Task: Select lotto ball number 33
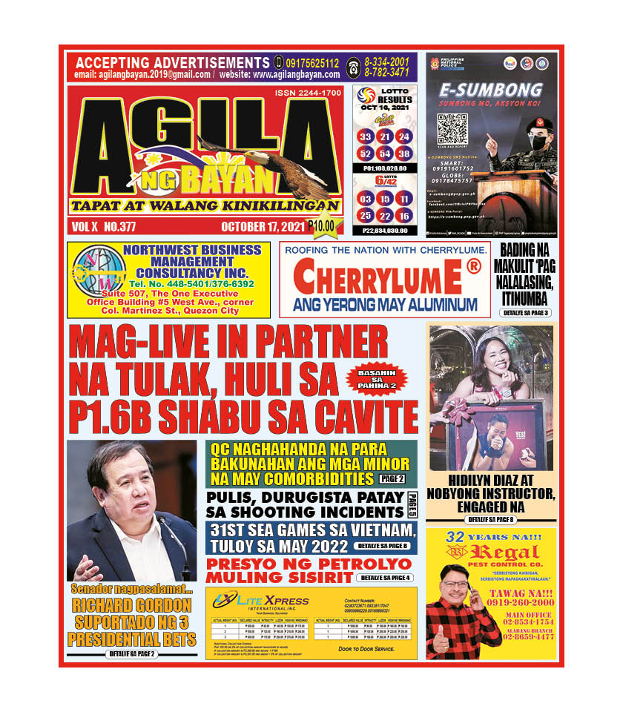tap(365, 137)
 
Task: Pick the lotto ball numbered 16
tap(403, 216)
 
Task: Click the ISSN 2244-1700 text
tap(306, 93)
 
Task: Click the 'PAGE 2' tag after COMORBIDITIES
tap(389, 479)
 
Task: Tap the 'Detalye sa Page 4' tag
tap(384, 578)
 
